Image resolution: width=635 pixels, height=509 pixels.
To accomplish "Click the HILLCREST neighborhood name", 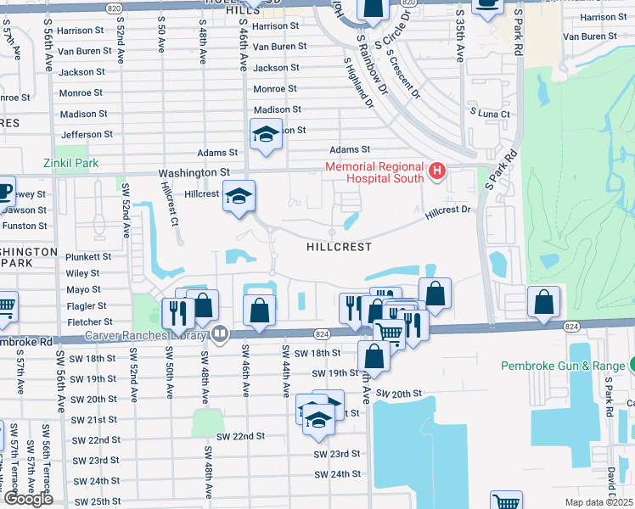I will pos(340,247).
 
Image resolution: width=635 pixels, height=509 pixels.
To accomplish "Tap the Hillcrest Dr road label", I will pos(447,210).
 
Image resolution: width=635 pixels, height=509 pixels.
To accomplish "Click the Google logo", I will pos(28,499).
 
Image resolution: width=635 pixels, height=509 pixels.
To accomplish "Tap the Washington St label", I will pos(188,172).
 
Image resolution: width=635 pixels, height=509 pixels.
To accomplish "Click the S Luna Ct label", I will pos(490,114).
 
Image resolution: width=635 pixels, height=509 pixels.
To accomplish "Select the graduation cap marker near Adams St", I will pos(265,134).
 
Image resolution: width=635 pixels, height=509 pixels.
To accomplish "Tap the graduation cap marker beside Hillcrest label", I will pos(239,196).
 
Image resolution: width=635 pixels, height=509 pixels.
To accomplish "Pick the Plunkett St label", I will pos(88,256).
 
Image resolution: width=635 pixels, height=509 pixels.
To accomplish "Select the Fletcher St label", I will pos(89,322).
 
